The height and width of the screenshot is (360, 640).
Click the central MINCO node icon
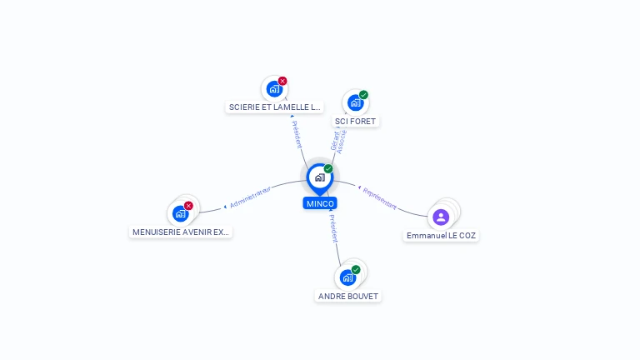[x=319, y=177]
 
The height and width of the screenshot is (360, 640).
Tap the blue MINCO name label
[x=320, y=203]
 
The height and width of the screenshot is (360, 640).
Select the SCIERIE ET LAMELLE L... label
[x=274, y=107]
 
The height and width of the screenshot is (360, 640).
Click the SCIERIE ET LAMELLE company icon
[x=273, y=89]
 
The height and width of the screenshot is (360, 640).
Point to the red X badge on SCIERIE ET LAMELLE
[x=282, y=81]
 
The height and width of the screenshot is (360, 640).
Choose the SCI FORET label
[x=356, y=122]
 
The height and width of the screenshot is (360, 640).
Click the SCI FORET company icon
[x=355, y=103]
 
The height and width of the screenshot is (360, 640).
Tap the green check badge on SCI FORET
[x=364, y=95]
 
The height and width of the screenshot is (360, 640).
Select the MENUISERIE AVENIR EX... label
[x=180, y=232]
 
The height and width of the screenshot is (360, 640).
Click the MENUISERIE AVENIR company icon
[x=180, y=213]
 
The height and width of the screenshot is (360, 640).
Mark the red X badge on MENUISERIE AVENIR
[x=188, y=206]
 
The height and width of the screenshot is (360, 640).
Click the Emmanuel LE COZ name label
[x=442, y=236]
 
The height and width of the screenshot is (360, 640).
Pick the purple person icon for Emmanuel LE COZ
[x=441, y=217]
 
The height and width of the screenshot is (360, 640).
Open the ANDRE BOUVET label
[x=348, y=296]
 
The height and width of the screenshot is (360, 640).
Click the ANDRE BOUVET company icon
[x=347, y=277]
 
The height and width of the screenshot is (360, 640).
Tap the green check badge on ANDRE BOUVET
[x=356, y=270]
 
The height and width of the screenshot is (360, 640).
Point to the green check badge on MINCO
[x=328, y=169]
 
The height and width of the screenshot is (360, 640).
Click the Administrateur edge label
[x=250, y=197]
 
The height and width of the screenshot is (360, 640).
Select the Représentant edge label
[x=379, y=198]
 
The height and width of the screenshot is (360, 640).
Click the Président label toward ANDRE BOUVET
[x=333, y=228]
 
